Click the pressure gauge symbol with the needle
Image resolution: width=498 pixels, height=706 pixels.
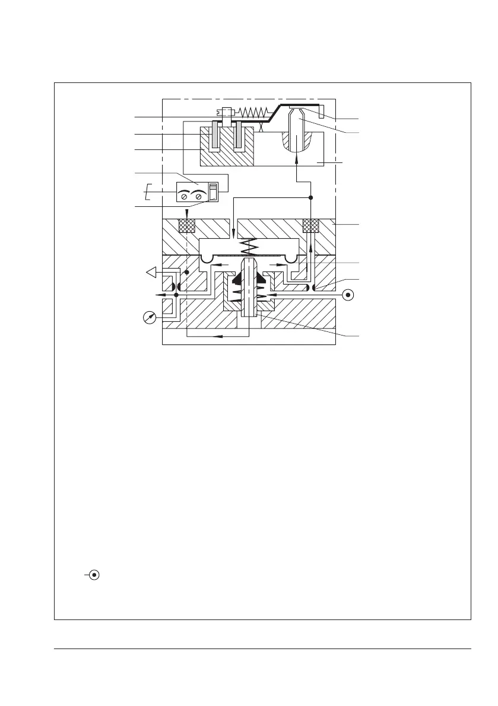point(151,318)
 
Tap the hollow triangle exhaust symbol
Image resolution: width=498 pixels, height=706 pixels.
point(152,273)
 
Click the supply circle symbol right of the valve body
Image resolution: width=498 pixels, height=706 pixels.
point(348,294)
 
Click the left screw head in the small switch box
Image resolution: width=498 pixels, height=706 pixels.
point(185,196)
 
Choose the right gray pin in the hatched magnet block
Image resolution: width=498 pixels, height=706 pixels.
point(239,135)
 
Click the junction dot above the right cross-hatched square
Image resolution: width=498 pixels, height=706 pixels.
point(311,197)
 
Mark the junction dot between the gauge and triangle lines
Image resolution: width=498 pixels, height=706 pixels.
point(176,295)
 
